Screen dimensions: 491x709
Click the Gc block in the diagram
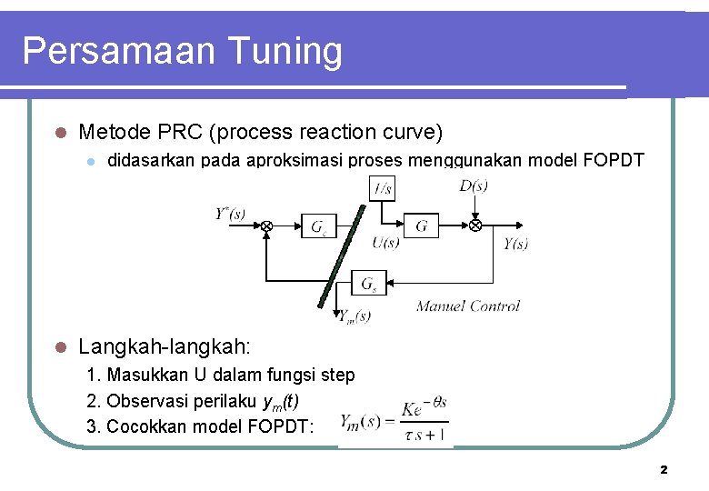319,225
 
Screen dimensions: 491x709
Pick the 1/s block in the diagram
383,188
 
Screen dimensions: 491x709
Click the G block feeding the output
421,225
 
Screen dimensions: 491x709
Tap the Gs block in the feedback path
369,285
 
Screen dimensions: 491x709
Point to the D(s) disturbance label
473,186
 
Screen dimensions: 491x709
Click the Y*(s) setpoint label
231,215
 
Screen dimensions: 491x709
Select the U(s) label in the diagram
385,243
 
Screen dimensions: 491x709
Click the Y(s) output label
515,243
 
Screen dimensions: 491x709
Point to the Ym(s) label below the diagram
354,316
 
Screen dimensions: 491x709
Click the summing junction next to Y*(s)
267,225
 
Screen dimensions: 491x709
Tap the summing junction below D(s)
475,225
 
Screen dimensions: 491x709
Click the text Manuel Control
467,306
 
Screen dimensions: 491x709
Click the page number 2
664,469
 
